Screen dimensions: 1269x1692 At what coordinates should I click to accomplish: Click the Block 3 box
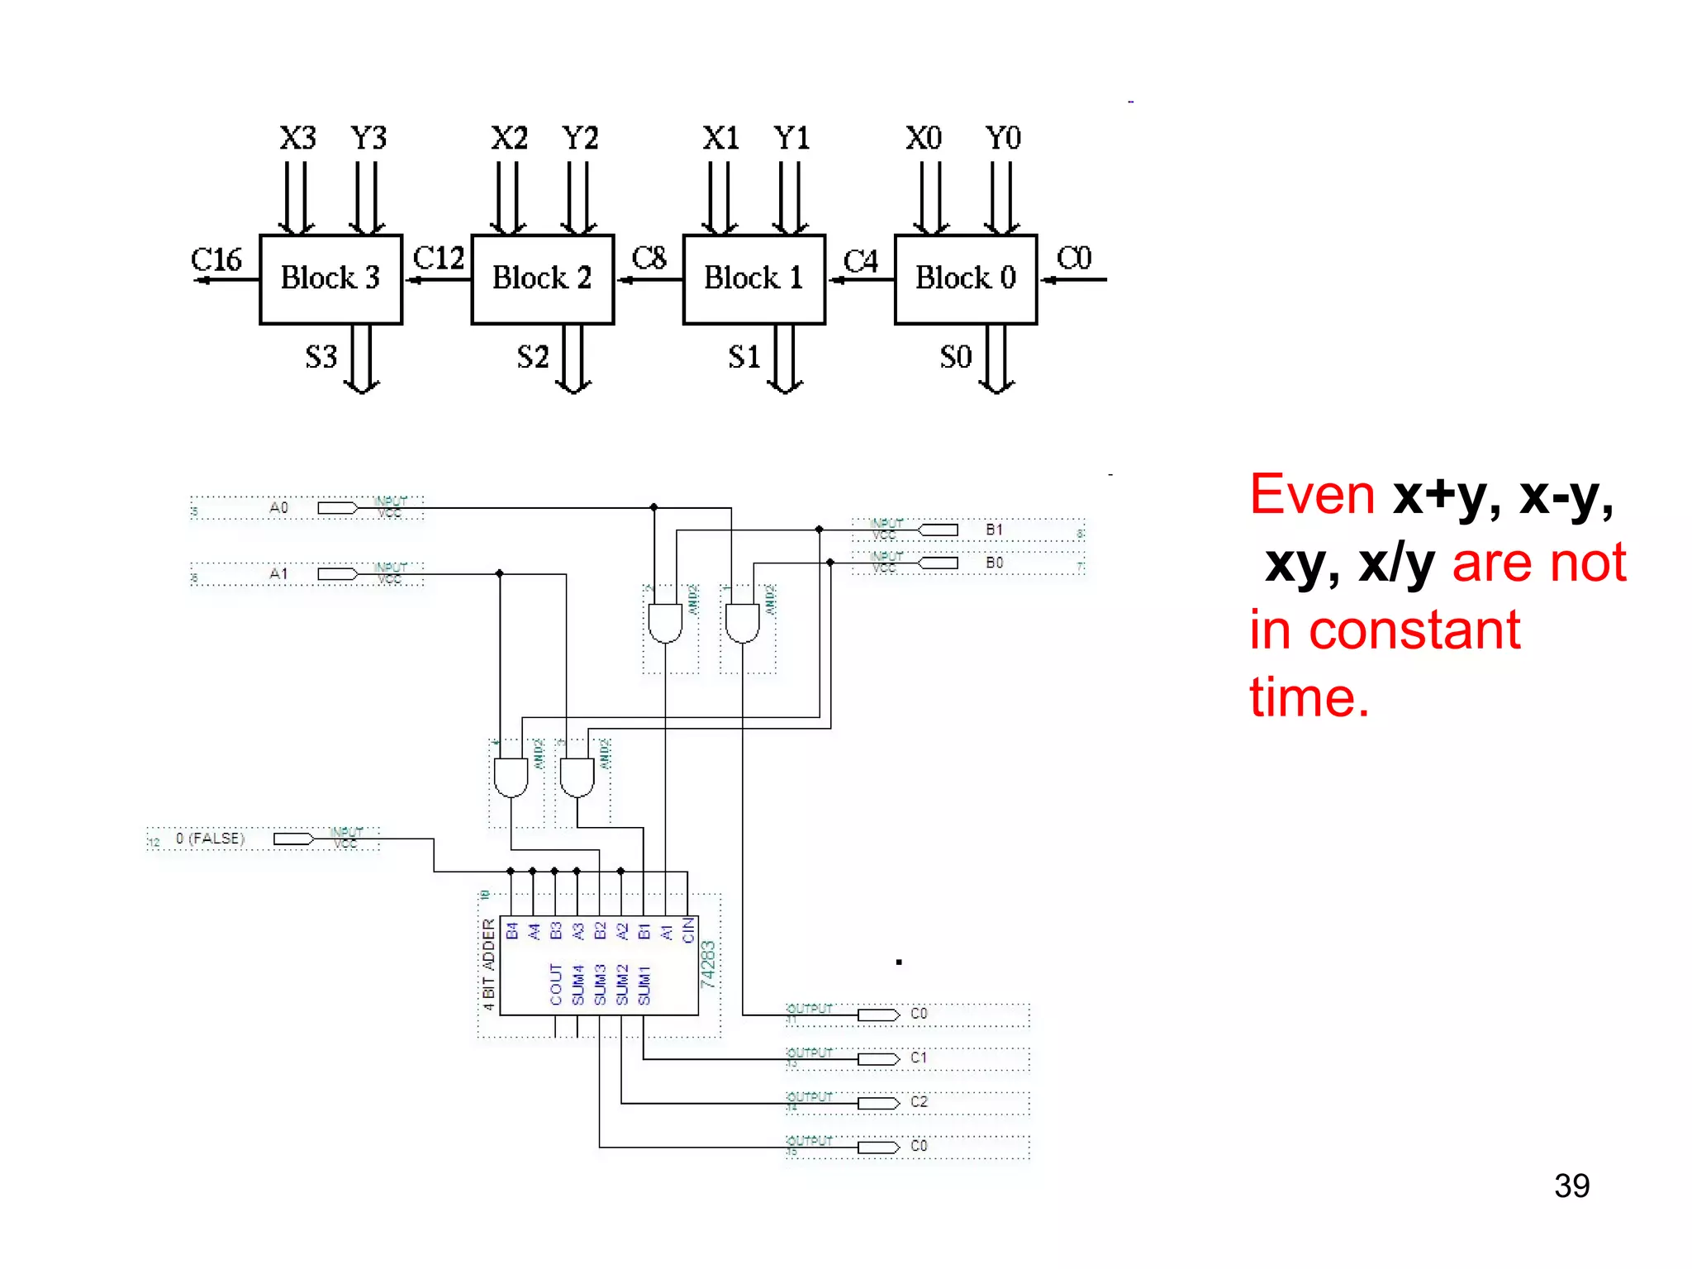[330, 278]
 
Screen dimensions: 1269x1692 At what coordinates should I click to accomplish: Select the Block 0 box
[965, 278]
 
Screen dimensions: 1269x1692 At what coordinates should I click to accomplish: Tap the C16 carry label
[216, 259]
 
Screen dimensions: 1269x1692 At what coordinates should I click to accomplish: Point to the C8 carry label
[649, 258]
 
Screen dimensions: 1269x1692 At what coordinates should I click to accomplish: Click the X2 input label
[509, 138]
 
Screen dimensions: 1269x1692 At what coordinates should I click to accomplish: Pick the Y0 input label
[1003, 138]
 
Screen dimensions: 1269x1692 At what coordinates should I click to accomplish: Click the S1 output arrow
[785, 359]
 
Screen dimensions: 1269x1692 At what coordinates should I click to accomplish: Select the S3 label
[321, 357]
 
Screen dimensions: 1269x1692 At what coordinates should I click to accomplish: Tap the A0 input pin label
[278, 507]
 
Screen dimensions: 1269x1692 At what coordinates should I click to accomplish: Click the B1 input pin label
[994, 530]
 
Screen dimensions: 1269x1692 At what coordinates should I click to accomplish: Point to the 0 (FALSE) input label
[210, 839]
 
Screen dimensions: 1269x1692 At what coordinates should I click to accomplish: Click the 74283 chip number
[708, 964]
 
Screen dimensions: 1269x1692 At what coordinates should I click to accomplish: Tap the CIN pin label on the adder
[688, 930]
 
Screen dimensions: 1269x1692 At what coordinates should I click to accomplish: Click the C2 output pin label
[919, 1102]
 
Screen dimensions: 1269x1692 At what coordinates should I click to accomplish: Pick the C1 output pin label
[919, 1057]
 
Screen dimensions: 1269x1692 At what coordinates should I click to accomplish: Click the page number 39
[1571, 1186]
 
